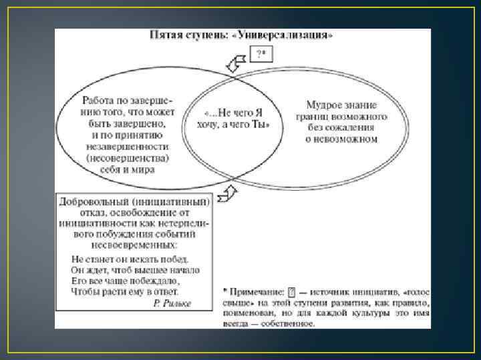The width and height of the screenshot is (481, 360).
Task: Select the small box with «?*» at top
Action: [260, 55]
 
